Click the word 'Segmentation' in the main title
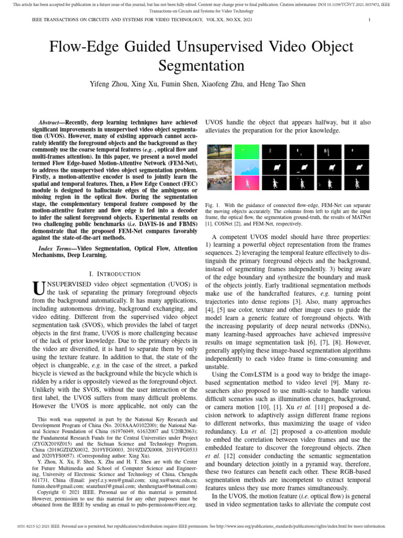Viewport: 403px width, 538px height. coord(201,66)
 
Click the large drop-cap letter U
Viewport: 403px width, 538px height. coord(38,288)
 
